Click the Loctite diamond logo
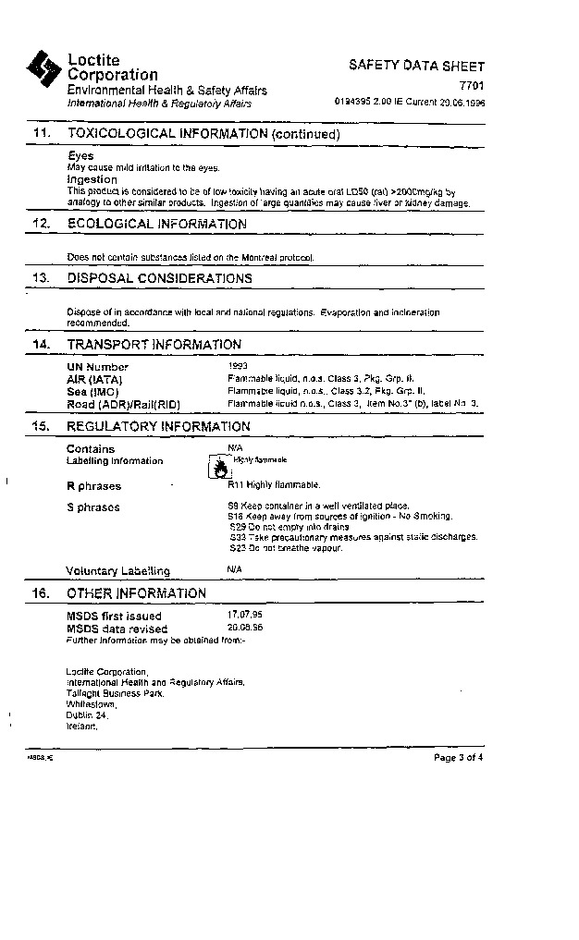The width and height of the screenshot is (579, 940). [43, 67]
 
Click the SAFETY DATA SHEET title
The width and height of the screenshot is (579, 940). [416, 66]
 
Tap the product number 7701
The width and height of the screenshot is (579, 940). [471, 86]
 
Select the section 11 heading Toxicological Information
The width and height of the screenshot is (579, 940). [203, 134]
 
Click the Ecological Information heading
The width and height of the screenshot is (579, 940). [156, 224]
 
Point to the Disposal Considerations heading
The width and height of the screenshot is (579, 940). [159, 277]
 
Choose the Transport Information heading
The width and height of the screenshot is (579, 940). [154, 344]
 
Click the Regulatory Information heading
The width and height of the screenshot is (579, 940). [158, 426]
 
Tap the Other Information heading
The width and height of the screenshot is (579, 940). [136, 593]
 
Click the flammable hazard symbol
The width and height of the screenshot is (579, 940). [218, 468]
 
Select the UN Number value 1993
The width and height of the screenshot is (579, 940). [238, 367]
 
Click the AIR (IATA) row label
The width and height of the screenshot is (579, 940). [94, 380]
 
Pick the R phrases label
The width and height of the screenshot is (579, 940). [93, 486]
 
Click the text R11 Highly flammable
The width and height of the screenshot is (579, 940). [274, 484]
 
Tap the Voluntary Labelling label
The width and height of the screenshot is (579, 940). [117, 571]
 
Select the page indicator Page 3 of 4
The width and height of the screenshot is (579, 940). [458, 758]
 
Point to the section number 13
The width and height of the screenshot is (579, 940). [41, 277]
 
